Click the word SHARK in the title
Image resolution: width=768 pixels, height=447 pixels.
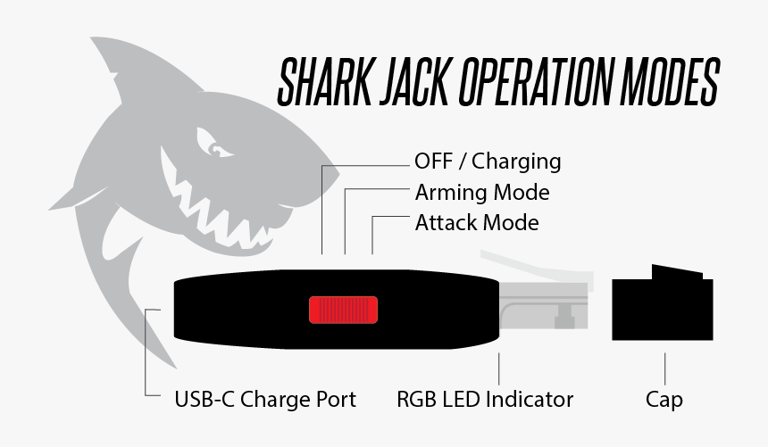click(324, 81)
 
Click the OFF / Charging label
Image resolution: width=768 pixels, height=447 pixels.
click(488, 161)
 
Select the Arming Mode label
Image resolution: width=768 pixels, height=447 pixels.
click(481, 192)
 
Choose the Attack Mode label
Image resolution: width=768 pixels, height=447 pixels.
click(476, 222)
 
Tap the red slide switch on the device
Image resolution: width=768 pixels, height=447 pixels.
click(344, 309)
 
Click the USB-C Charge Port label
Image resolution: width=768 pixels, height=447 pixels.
click(264, 399)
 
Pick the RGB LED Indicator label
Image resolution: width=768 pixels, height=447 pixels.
click(485, 399)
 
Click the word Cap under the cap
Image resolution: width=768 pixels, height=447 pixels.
click(664, 399)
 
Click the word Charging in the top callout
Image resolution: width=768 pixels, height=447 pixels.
click(516, 161)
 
